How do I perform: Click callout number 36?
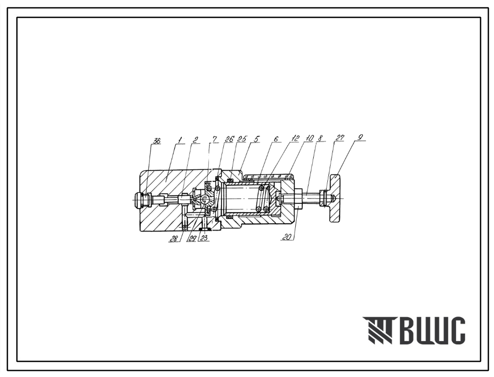tap(157, 141)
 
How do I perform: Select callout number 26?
tap(230, 139)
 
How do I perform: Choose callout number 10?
tap(309, 138)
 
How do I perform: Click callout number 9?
tap(360, 138)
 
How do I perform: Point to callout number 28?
tap(173, 239)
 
